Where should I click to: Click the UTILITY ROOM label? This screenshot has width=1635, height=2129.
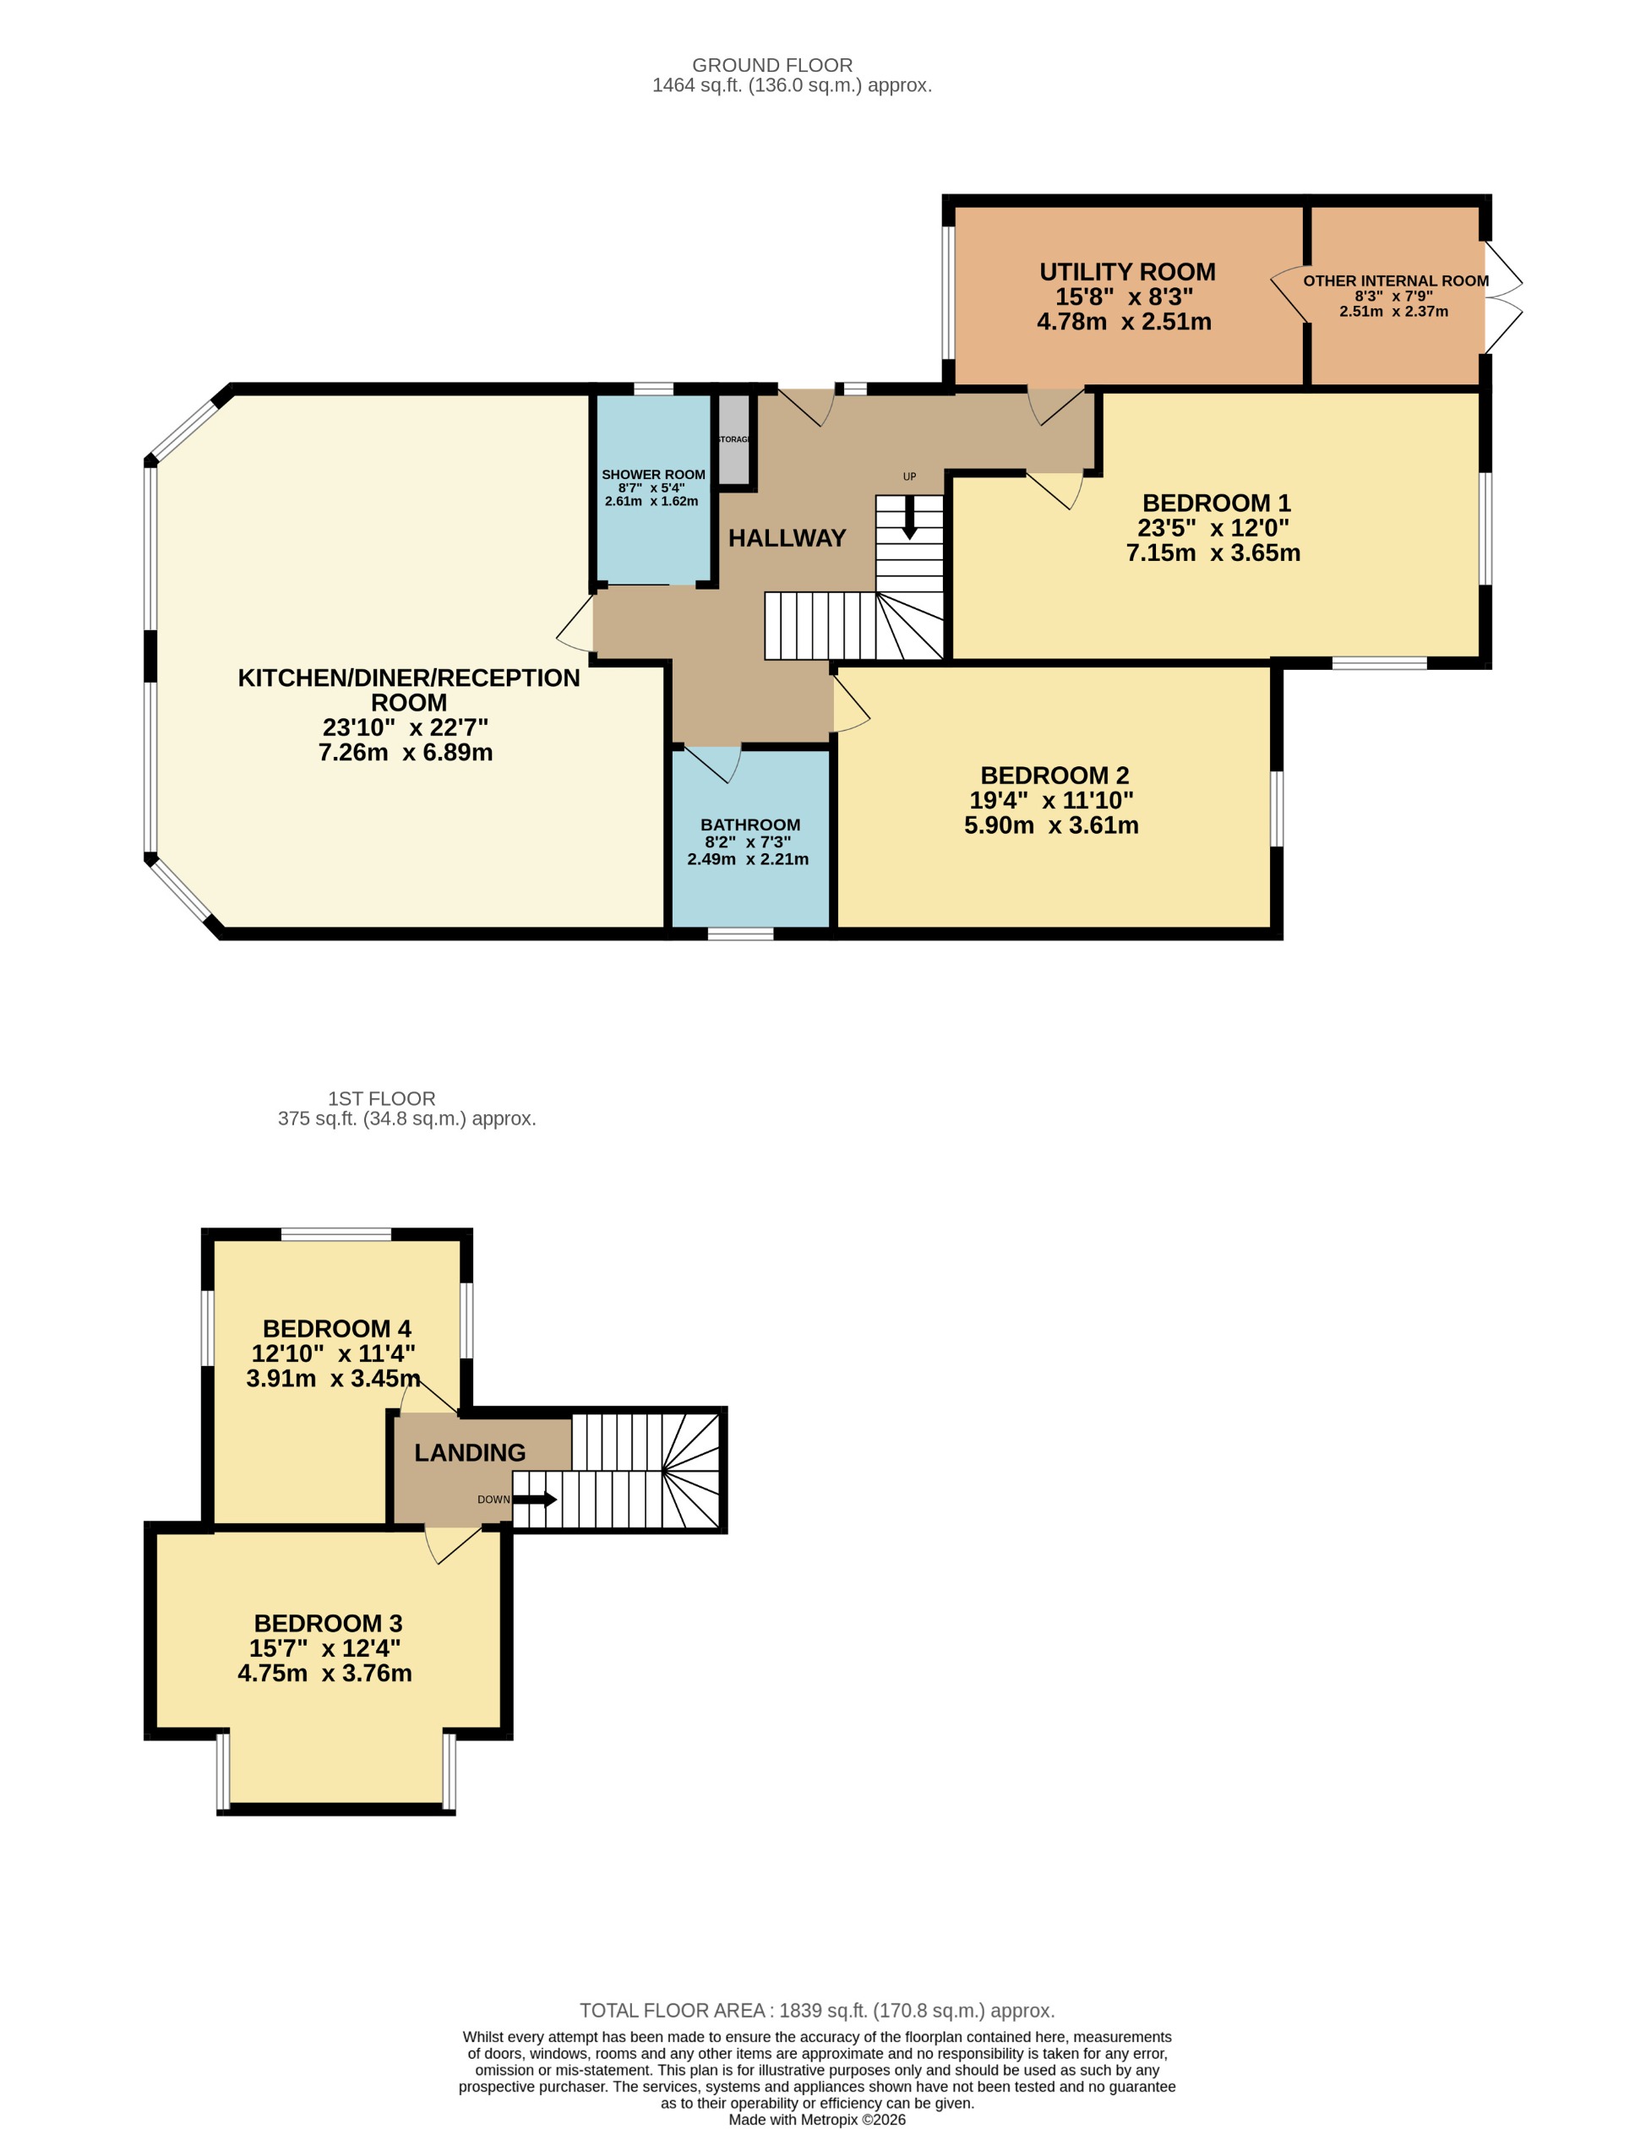click(1127, 271)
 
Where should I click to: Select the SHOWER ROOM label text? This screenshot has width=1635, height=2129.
click(653, 475)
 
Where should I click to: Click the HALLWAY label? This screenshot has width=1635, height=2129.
click(787, 538)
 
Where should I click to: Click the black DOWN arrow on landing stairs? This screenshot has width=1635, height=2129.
click(534, 1500)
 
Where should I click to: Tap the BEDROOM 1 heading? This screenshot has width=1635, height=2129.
click(1216, 503)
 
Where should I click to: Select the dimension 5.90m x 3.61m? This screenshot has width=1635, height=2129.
click(1051, 825)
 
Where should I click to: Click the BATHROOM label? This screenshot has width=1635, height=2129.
click(749, 825)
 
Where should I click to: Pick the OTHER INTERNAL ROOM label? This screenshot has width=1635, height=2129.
click(1395, 281)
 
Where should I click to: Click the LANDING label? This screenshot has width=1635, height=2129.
click(469, 1453)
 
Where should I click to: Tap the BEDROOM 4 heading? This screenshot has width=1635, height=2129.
click(337, 1328)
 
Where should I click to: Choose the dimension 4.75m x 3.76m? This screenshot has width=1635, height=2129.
click(324, 1673)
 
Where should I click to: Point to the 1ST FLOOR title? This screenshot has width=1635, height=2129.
click(382, 1098)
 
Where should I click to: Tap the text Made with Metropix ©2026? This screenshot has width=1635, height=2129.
click(816, 2119)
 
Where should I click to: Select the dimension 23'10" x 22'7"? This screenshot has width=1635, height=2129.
click(405, 727)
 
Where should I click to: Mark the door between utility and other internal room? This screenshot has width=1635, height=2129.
click(1290, 293)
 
